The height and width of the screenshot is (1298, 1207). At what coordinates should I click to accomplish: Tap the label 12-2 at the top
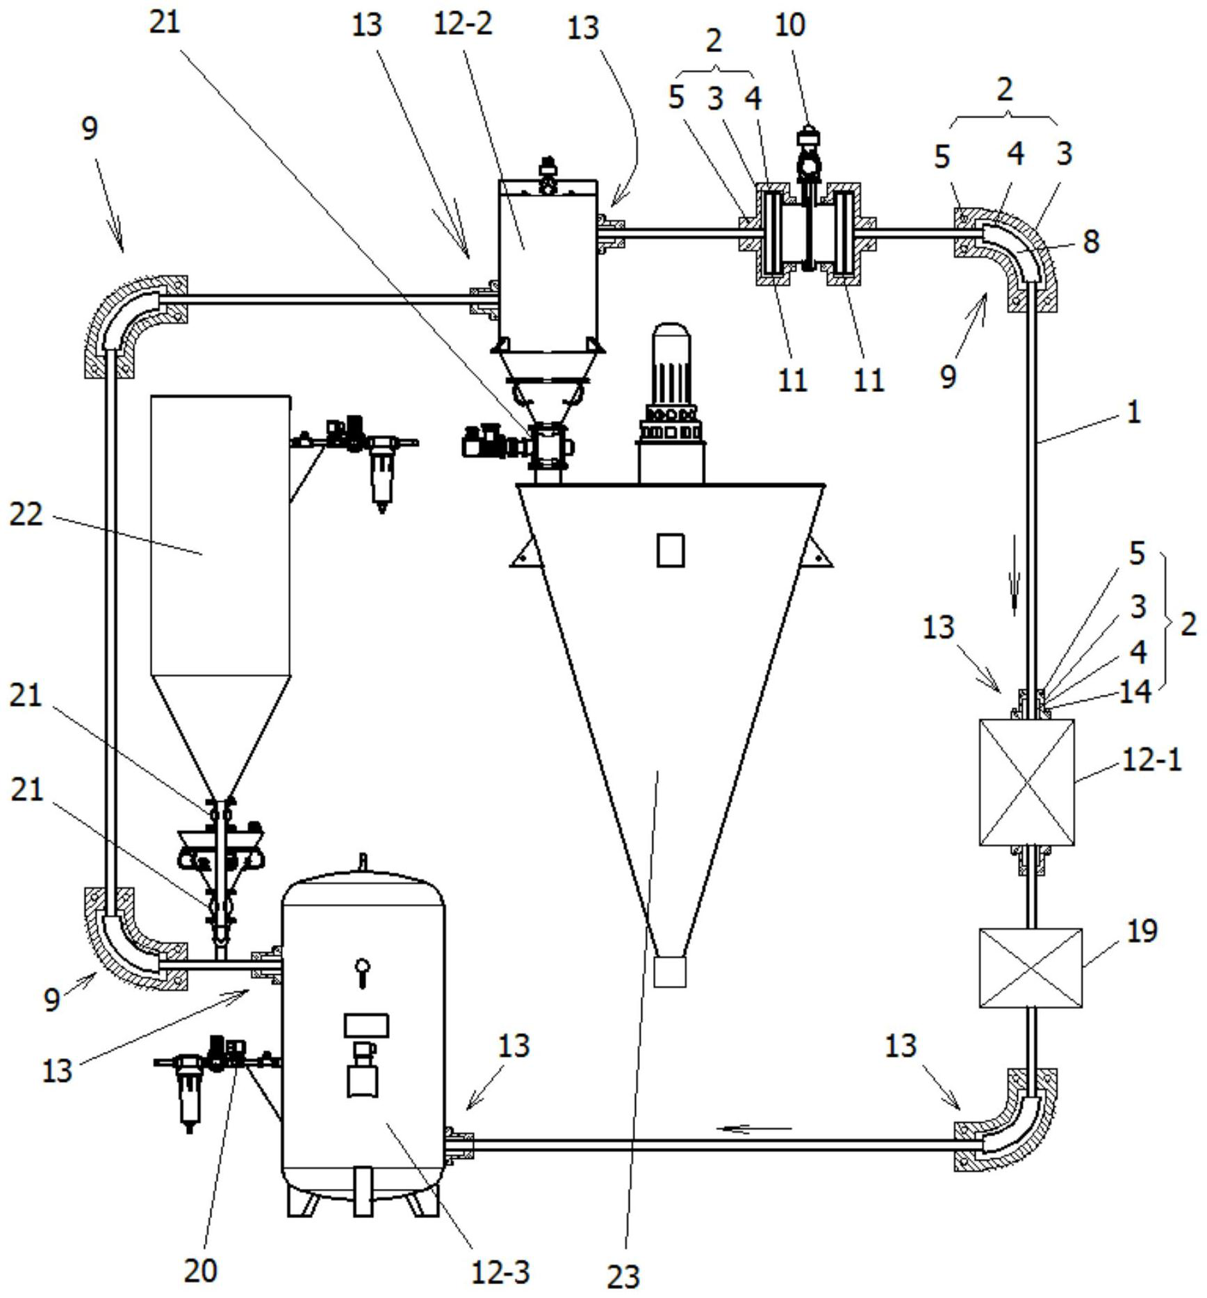click(x=463, y=24)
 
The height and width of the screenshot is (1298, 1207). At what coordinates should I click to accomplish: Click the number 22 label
click(x=26, y=514)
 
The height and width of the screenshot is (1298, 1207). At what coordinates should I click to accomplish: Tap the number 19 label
click(x=1141, y=931)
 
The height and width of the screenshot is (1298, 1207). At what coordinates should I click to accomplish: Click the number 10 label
click(x=789, y=24)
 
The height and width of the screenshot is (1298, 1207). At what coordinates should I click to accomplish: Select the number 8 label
click(x=1091, y=241)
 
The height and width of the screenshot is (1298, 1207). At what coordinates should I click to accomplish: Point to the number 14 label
click(x=1135, y=691)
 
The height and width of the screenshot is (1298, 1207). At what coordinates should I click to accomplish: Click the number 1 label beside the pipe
click(x=1133, y=413)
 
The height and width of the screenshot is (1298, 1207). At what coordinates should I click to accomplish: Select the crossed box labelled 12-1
click(x=1027, y=782)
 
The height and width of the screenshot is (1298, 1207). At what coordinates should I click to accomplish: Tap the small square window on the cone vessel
click(x=671, y=550)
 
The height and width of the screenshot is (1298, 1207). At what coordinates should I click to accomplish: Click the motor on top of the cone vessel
click(x=671, y=402)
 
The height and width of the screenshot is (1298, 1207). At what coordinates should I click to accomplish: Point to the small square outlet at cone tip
click(x=670, y=971)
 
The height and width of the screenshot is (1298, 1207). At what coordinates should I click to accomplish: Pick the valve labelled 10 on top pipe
click(x=808, y=198)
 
